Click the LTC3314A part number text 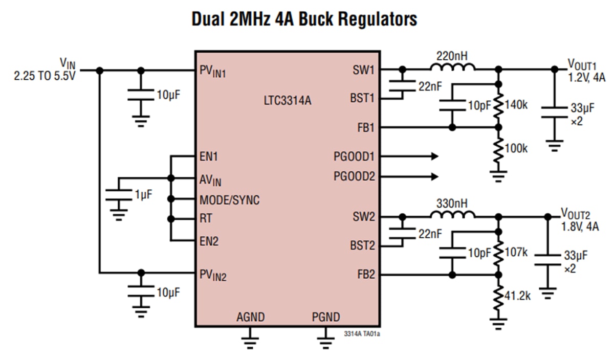pos(287,101)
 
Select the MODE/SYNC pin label pos(229,200)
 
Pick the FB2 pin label pos(366,275)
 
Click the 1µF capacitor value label pos(143,194)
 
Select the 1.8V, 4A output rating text pos(579,226)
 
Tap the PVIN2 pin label pos(213,276)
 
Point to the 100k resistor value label pos(516,148)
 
